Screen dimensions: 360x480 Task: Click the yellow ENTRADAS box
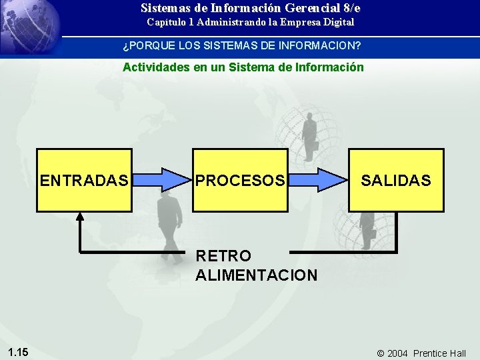click(84, 180)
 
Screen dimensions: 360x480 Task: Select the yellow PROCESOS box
click(241, 180)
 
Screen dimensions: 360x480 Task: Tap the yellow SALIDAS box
click(396, 180)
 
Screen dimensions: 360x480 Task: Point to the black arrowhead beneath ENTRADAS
click(80, 216)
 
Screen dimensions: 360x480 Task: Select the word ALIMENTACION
click(257, 275)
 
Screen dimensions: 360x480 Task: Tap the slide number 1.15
click(18, 352)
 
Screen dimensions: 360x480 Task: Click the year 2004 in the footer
click(397, 353)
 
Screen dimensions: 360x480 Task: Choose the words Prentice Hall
click(439, 353)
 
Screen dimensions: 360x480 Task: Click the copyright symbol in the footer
click(381, 353)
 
